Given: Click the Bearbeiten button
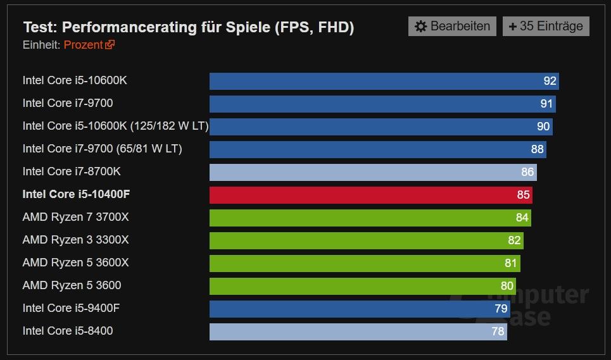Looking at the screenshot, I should coord(452,27).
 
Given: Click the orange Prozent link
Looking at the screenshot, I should coord(83,45).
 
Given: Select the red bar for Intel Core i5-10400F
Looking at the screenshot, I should coord(370,195).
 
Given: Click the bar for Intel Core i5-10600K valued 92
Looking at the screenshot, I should coord(384,81).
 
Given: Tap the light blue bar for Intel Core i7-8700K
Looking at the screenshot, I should coord(372,172).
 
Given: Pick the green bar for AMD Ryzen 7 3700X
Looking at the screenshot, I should coord(370,218).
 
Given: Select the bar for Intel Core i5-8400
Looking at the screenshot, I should coord(358,332).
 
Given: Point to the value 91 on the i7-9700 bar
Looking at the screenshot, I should coord(546,104).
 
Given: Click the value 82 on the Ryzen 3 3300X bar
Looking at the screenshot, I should coord(514,240).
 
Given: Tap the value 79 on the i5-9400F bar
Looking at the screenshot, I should coord(501,309).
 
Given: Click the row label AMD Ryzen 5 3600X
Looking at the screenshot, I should coord(75,263).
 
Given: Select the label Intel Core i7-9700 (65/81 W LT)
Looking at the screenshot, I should coord(102,149).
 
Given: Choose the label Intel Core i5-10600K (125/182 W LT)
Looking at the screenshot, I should coord(115,126).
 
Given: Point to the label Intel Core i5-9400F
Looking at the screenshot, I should coord(71,308).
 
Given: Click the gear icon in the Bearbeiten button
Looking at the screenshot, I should coord(421,27).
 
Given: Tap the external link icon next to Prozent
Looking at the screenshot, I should coord(110,45).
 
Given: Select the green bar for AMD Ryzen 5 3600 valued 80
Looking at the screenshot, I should coord(362,286).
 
